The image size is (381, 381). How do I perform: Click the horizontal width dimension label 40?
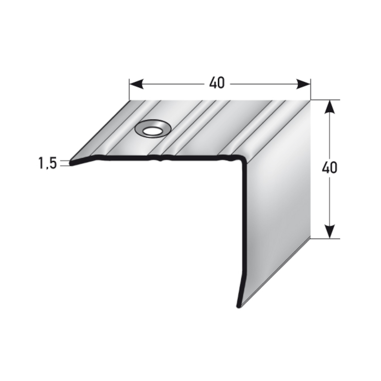(217, 83)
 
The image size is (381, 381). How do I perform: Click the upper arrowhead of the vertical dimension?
(331, 106)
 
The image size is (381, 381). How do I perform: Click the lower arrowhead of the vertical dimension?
(331, 232)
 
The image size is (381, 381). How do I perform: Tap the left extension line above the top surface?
(129, 90)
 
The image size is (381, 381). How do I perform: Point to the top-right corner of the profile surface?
(310, 100)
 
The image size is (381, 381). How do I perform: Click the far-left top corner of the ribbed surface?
(130, 101)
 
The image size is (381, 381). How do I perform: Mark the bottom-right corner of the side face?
(310, 239)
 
